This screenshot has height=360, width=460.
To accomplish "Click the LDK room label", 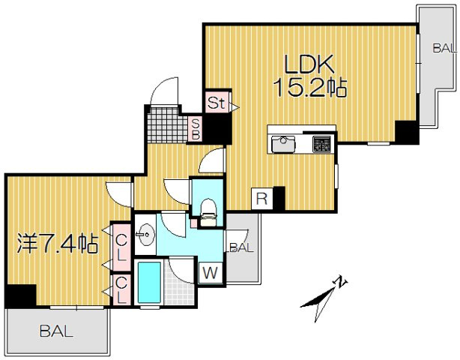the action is [309, 64].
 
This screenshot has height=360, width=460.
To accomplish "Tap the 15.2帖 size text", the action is [310, 88].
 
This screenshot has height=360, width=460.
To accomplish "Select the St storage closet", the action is [217, 102].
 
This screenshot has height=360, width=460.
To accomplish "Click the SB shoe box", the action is [196, 130].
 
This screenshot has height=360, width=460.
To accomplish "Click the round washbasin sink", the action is [145, 235].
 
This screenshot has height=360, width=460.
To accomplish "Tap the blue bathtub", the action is [149, 283].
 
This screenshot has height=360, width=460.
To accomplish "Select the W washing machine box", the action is [211, 273].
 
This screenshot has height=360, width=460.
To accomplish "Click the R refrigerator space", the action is [261, 199].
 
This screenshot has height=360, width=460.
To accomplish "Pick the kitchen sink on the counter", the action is [283, 144].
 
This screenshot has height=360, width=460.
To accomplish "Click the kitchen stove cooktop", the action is [321, 143].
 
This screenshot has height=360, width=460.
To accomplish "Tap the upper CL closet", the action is [121, 247].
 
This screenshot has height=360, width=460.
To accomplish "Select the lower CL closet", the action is [121, 290].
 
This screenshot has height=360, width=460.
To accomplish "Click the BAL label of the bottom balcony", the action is [56, 331].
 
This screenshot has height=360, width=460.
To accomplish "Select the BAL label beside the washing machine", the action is [240, 247].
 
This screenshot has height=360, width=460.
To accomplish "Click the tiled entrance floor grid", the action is [168, 125].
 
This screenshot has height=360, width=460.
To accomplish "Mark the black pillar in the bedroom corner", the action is [20, 295].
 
